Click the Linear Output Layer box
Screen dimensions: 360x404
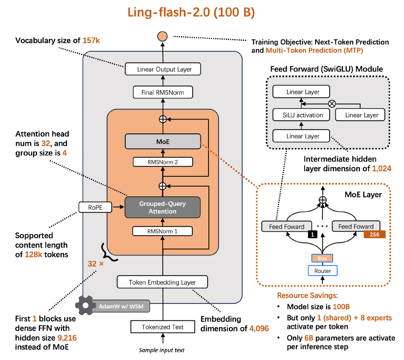pos(164,69)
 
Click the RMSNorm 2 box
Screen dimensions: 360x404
pos(163,162)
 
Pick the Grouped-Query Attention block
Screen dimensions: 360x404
pos(163,207)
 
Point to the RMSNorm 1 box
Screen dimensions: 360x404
pos(163,231)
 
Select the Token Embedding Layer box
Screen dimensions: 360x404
pos(162,282)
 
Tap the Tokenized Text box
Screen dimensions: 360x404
pos(162,327)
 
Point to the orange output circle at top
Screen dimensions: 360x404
pos(162,36)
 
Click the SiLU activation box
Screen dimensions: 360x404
pos(303,115)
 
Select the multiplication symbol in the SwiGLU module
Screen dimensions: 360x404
pos(332,103)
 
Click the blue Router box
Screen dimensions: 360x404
pos(322,271)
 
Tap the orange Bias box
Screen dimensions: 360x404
pos(322,258)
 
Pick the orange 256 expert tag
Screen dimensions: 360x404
pos(375,234)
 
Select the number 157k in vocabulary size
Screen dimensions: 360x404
pos(91,40)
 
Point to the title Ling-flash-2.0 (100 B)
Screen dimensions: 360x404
pos(191,12)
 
